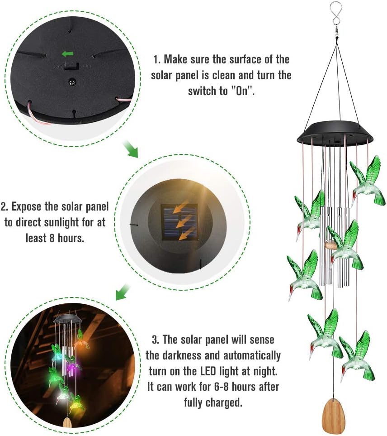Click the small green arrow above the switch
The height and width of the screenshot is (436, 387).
[x=68, y=54]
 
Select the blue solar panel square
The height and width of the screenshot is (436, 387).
[x=179, y=222]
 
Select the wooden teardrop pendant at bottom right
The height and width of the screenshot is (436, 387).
[x=334, y=416]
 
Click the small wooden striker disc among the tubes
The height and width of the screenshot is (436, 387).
[x=331, y=245]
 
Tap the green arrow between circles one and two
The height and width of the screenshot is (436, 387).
[x=132, y=150]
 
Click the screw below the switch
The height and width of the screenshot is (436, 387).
[x=71, y=83]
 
